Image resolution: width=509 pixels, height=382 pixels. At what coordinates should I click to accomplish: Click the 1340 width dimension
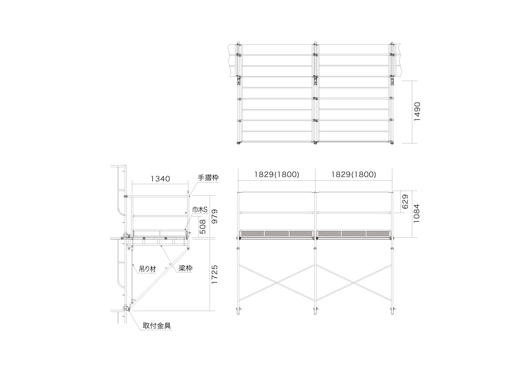pyautogui.click(x=160, y=179)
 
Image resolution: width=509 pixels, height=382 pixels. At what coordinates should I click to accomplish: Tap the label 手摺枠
pyautogui.click(x=208, y=178)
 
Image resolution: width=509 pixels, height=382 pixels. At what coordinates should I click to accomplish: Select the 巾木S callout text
pyautogui.click(x=200, y=210)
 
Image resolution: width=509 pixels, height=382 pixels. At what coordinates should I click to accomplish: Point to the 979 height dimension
pyautogui.click(x=215, y=216)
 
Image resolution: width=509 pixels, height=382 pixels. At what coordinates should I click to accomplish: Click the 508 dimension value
pyautogui.click(x=202, y=227)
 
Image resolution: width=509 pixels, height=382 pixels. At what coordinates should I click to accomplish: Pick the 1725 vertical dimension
pyautogui.click(x=215, y=274)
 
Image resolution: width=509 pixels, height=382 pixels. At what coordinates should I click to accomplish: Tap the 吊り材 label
pyautogui.click(x=147, y=269)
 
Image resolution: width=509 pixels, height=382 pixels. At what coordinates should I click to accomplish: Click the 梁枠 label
pyautogui.click(x=185, y=268)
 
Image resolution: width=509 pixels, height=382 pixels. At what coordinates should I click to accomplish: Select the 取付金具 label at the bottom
pyautogui.click(x=157, y=326)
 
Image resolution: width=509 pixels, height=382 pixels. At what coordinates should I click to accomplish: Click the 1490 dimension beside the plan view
pyautogui.click(x=417, y=112)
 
